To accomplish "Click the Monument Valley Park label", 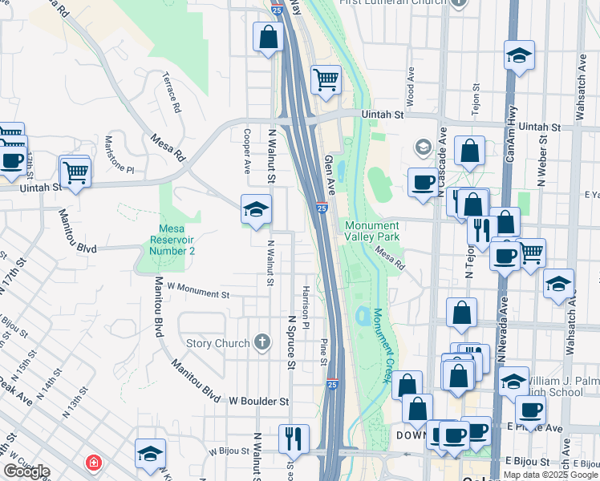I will (x=371, y=232).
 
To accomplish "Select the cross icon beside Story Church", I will (x=261, y=343).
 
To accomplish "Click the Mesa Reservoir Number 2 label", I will (x=173, y=240).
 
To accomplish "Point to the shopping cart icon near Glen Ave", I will (x=326, y=79).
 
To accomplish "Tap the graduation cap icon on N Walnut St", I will (x=257, y=210).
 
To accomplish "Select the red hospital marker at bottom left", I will (x=95, y=463).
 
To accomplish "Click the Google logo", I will (x=26, y=471).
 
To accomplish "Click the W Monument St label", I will (x=198, y=291).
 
